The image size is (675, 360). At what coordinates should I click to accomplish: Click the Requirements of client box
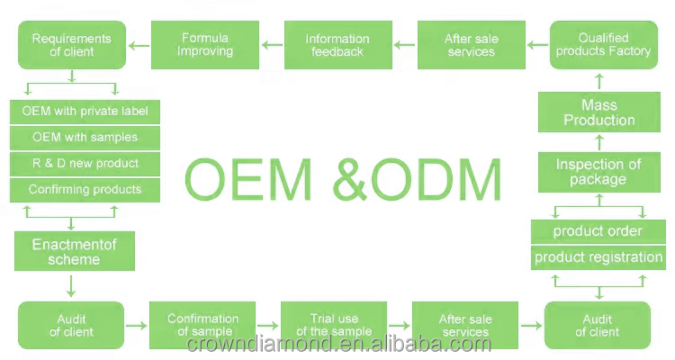coord(72,45)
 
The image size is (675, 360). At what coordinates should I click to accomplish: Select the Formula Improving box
coord(205,45)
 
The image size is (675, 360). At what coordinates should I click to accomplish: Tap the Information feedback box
coord(337,45)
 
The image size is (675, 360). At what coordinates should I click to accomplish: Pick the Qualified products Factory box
coord(604,45)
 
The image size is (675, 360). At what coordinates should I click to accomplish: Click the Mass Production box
coord(599,112)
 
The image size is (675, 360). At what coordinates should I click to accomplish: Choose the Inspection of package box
coord(599,172)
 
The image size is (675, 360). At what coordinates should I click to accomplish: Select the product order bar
coord(598,231)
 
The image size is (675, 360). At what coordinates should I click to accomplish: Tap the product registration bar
coord(598,257)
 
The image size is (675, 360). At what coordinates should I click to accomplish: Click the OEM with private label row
coord(85,112)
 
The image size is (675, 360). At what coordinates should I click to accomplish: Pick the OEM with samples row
coord(85,138)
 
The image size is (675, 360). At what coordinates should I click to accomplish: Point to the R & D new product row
coord(85,164)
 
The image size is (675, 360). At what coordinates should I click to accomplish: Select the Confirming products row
coord(85,190)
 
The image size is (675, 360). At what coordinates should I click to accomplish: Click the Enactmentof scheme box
coord(75,251)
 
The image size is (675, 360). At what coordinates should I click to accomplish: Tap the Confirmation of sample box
coord(202,325)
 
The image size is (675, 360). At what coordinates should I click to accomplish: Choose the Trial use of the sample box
coord(334,325)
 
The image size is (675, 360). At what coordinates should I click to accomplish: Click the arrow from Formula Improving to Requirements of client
coord(139,45)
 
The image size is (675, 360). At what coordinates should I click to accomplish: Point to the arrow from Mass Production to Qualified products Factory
coord(599,81)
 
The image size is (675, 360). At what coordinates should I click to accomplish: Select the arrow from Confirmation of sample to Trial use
coord(268,326)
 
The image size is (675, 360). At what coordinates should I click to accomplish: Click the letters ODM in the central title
coord(436,179)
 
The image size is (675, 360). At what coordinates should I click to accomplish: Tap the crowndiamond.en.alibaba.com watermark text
coord(338,344)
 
